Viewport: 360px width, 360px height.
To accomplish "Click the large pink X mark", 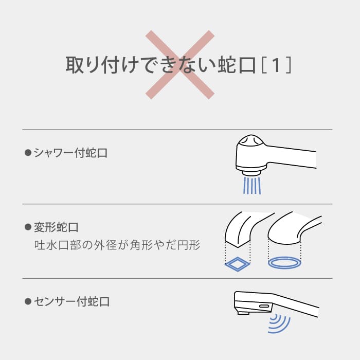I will [x=179, y=64].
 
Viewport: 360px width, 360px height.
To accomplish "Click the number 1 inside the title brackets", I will [x=276, y=66].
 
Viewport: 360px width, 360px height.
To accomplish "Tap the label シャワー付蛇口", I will [x=70, y=153].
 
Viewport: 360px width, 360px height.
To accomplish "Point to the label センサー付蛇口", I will [x=71, y=301].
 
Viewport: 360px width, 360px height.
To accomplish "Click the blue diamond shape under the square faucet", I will [x=238, y=264].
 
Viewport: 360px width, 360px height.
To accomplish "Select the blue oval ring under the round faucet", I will [x=284, y=263].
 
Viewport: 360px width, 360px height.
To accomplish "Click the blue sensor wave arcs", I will [x=281, y=322].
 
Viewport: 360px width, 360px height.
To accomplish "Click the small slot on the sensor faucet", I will [x=264, y=306].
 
